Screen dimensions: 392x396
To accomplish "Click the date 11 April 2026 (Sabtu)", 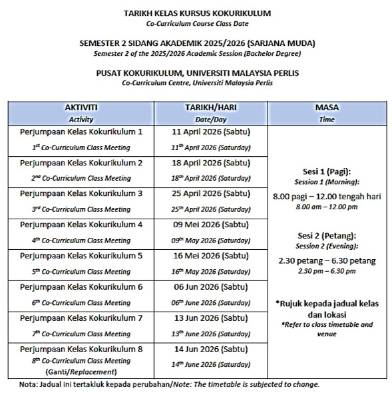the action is (212, 132).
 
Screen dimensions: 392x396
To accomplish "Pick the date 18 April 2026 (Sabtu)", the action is (212, 163).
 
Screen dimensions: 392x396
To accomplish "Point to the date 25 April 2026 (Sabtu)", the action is (212, 193).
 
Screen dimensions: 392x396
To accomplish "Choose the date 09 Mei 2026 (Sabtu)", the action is (212, 224).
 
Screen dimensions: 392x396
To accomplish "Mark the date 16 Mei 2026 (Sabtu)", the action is (212, 255).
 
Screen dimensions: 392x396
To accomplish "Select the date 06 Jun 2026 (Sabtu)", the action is (212, 286).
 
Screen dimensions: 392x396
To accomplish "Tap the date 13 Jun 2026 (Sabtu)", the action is (212, 317).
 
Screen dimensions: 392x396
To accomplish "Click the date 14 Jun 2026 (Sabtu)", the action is (212, 348).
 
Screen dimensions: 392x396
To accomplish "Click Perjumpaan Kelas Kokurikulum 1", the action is (81, 132).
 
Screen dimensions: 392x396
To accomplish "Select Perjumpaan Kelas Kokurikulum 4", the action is (81, 224).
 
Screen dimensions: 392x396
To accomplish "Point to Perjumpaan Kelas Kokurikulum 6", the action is (81, 286).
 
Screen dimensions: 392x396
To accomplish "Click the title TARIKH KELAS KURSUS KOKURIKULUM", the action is (197, 13).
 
